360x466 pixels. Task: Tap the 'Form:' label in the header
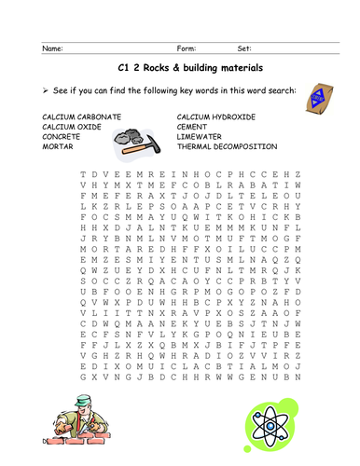[x=187, y=48]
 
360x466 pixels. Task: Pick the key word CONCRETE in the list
[x=61, y=135]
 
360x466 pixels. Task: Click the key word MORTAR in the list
[x=57, y=146]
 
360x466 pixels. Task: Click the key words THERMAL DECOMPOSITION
[x=227, y=146]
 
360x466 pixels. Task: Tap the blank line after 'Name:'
[x=112, y=49]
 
